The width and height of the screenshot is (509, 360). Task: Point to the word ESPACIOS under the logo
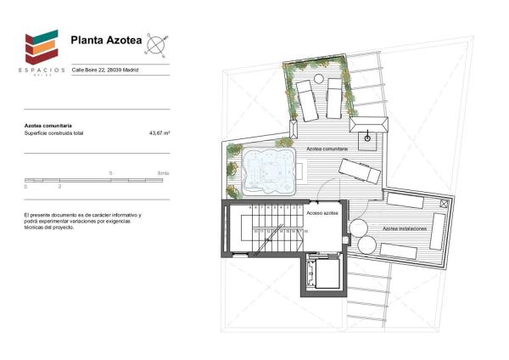pos(40,70)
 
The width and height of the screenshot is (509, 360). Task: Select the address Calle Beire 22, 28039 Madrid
pos(105,70)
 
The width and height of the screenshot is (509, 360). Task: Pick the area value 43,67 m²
pos(159,133)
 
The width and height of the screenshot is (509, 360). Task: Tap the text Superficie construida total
pos(55,133)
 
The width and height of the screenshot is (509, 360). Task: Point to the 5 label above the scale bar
pos(111,173)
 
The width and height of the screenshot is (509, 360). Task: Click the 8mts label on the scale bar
pos(164,173)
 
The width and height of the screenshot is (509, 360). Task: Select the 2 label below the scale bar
pos(59,186)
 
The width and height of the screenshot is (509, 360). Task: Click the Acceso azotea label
pos(322,213)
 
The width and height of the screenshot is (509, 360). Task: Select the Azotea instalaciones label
pos(404,228)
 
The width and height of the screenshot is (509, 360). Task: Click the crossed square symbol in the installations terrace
pos(442,203)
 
